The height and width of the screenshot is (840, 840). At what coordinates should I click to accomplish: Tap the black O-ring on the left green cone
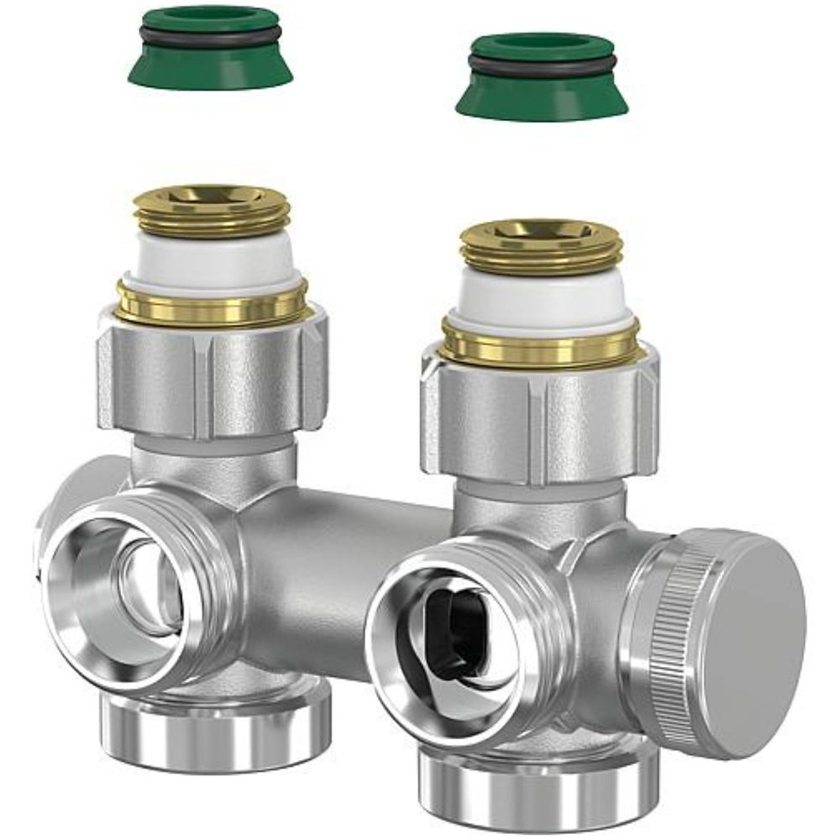pos(210,35)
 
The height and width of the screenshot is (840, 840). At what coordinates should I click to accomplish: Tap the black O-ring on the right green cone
pos(542,66)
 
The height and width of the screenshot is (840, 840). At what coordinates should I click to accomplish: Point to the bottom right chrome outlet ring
pos(538,790)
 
